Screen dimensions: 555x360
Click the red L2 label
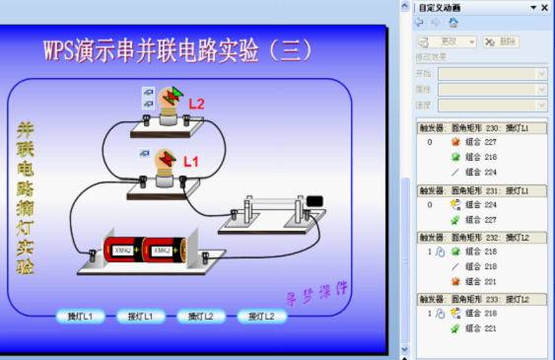(196, 104)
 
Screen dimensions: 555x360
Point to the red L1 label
(191, 160)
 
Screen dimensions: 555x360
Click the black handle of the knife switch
(314, 201)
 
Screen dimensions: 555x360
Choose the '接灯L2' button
(267, 317)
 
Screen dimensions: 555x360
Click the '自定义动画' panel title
(440, 7)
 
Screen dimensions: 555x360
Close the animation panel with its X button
(545, 7)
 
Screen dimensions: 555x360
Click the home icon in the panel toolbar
(452, 22)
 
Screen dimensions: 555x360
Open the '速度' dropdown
(492, 105)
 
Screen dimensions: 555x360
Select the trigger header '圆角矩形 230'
(480, 128)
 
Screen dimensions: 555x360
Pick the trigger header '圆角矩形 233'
(480, 299)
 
